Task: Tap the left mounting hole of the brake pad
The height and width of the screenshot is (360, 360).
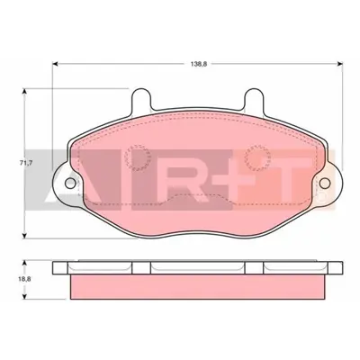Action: pyautogui.click(x=67, y=182)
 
